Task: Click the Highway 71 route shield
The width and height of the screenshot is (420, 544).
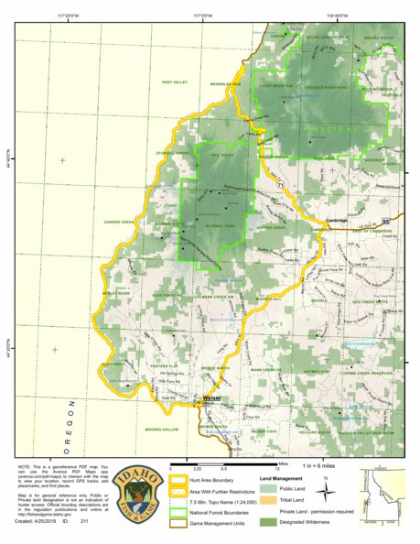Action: tap(282, 187)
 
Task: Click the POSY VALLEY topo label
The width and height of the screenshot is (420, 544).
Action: tap(174, 82)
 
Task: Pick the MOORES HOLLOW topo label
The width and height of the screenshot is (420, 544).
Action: tap(161, 430)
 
